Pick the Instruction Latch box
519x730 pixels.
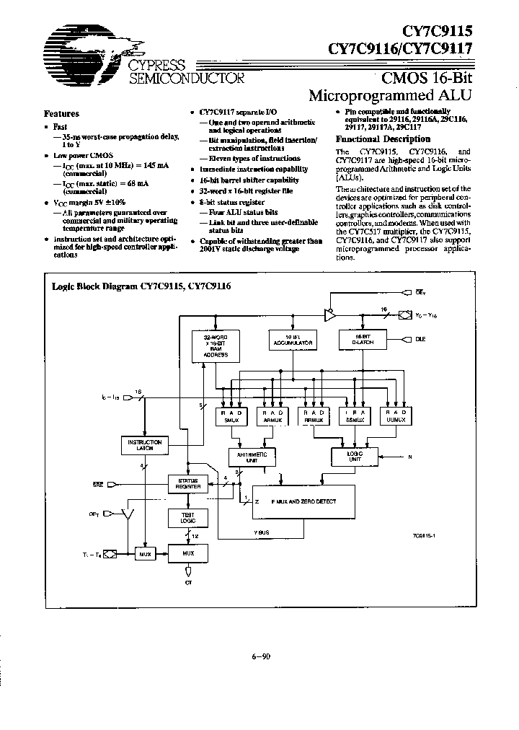(x=144, y=445)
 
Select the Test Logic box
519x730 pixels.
(x=187, y=518)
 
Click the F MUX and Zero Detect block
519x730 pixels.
(x=303, y=500)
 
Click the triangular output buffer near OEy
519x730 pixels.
(x=328, y=315)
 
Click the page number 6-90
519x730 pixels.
(x=259, y=656)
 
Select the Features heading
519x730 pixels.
(x=62, y=113)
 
